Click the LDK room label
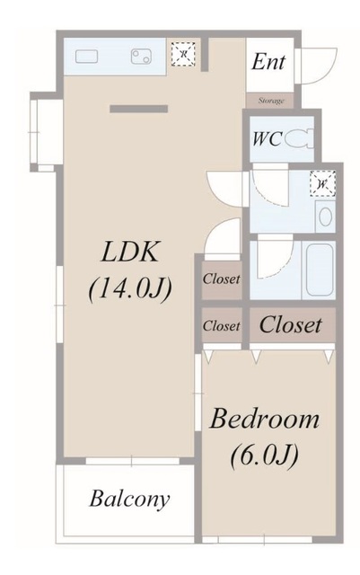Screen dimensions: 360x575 pyautogui.click(x=131, y=252)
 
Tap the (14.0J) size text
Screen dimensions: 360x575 pyautogui.click(x=130, y=288)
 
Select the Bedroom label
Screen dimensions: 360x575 pyautogui.click(x=264, y=420)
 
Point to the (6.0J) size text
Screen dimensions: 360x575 pyautogui.click(x=264, y=456)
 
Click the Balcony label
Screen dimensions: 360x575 pyautogui.click(x=130, y=500)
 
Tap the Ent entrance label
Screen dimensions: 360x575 pyautogui.click(x=268, y=62)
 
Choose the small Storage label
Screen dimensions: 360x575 pyautogui.click(x=271, y=101)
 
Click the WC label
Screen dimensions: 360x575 pyautogui.click(x=267, y=139)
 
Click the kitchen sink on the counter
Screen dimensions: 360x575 pyautogui.click(x=86, y=57)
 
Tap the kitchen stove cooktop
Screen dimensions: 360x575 pyautogui.click(x=142, y=57)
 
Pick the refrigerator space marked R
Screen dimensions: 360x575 pyautogui.click(x=183, y=55)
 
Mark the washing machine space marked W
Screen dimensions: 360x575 pyautogui.click(x=322, y=183)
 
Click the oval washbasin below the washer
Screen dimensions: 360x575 pyautogui.click(x=325, y=217)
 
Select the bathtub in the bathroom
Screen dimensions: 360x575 pyautogui.click(x=320, y=270)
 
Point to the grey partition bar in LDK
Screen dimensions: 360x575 pyautogui.click(x=138, y=109)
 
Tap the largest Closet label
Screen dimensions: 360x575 pyautogui.click(x=290, y=325)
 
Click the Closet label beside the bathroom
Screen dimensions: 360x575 pyautogui.click(x=222, y=279)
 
